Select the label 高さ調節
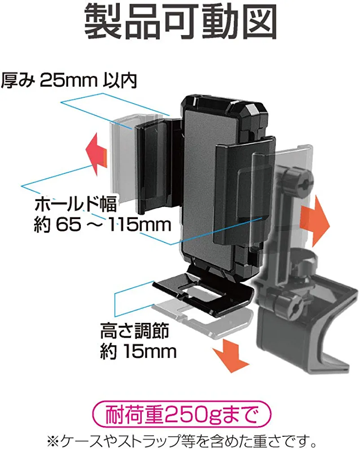coord(134,332)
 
